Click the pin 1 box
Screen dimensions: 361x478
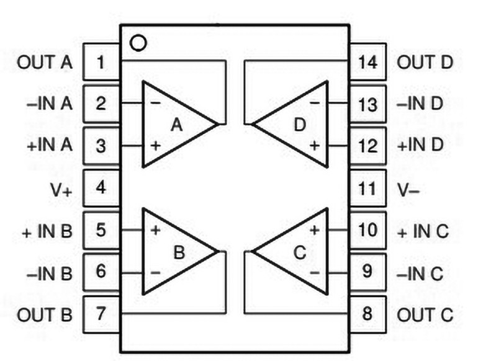(101, 62)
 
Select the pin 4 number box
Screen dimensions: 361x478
(101, 187)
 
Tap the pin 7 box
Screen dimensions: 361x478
(101, 314)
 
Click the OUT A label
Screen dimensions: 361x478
(45, 62)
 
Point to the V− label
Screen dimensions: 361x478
(408, 188)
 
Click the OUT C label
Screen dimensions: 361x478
(425, 313)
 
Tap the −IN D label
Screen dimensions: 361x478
(420, 104)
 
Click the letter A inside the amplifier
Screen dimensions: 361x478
(177, 125)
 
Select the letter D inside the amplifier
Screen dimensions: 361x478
(300, 125)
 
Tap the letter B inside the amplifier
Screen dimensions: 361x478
(179, 252)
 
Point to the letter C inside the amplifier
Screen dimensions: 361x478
(299, 252)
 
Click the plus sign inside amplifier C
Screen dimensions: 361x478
(314, 230)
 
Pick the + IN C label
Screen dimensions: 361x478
(422, 230)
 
